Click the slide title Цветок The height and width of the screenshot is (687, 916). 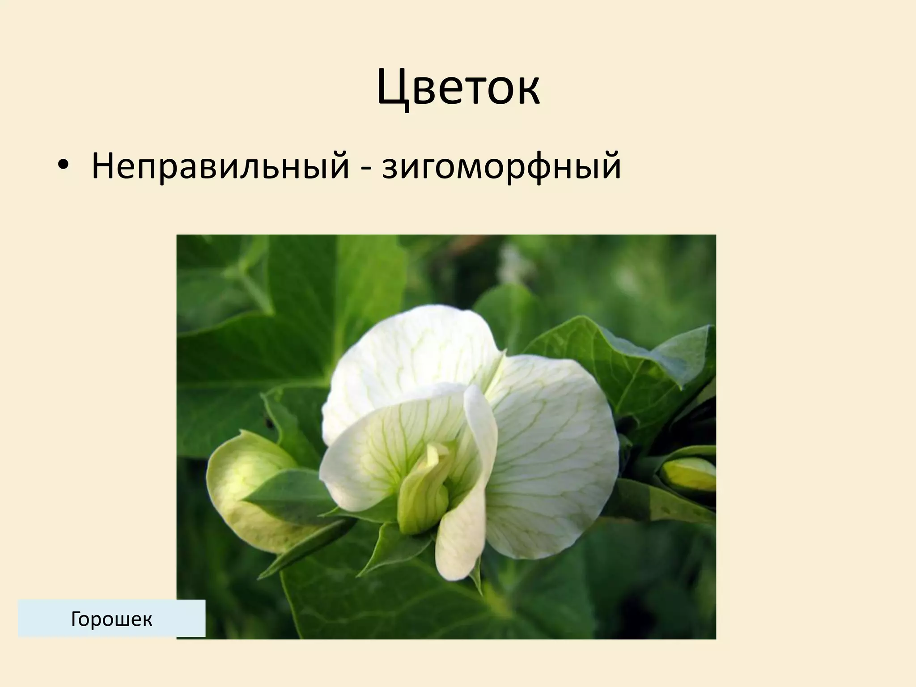pos(458,87)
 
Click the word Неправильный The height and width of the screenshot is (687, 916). pos(220,165)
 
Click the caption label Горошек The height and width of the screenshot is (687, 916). pos(111,619)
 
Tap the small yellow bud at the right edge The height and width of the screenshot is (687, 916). pos(688,474)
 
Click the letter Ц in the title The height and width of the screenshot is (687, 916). pos(394,87)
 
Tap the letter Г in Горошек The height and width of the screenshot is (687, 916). pos(76,619)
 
